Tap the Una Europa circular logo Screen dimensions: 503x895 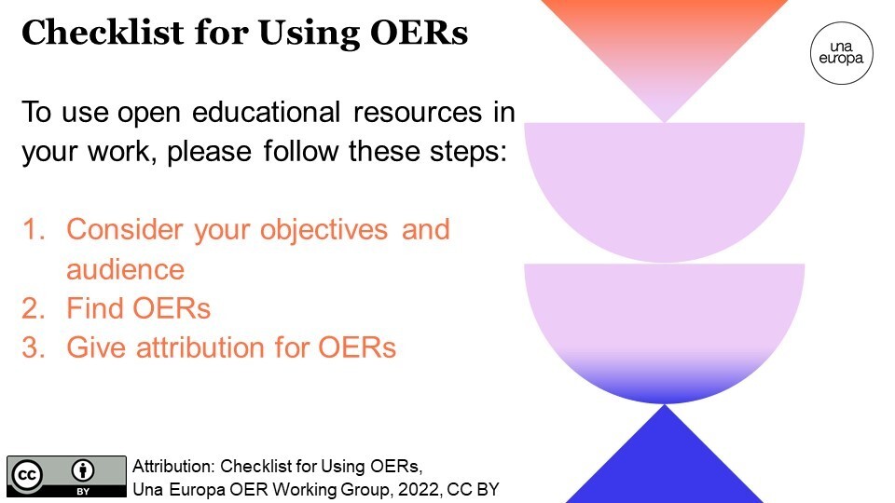(x=841, y=51)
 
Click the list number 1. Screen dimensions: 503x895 (x=34, y=229)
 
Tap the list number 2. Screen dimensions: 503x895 (x=34, y=307)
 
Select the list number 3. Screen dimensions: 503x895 (x=34, y=347)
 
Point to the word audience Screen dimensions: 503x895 (x=125, y=269)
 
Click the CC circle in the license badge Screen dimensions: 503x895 (x=27, y=475)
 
